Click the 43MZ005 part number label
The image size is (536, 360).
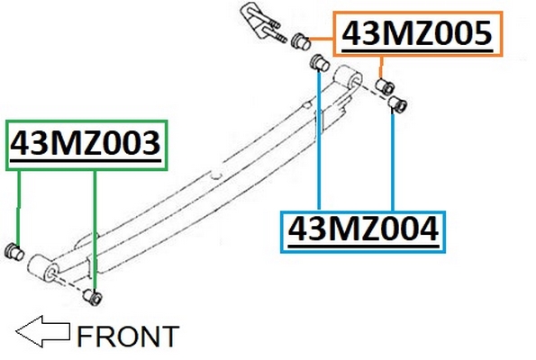click(x=418, y=33)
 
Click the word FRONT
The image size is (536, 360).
click(x=128, y=336)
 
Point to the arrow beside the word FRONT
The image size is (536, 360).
click(x=42, y=331)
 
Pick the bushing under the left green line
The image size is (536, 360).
click(x=14, y=252)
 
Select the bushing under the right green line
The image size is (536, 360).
click(x=93, y=297)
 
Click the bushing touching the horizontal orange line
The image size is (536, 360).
click(x=301, y=41)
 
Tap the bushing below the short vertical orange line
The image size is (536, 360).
click(x=385, y=85)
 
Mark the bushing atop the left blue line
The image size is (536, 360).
click(x=319, y=62)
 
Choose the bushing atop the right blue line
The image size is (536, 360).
click(x=398, y=103)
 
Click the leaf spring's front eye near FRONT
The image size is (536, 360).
click(x=42, y=268)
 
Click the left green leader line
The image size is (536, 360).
click(x=19, y=208)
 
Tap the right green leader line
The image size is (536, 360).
click(x=95, y=231)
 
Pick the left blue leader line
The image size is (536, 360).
click(x=319, y=139)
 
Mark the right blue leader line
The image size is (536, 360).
click(x=393, y=159)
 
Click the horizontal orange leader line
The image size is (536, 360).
click(x=322, y=40)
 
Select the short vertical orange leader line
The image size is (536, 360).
click(x=381, y=67)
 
